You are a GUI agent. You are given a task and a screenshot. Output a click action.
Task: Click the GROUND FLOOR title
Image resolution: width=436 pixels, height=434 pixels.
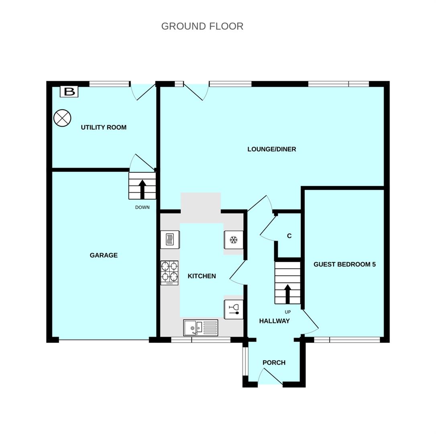pos(202,27)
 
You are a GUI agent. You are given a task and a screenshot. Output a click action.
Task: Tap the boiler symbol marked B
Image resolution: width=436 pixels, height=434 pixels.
pos(69,92)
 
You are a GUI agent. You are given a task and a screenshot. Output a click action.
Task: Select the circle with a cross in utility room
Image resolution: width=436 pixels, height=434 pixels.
pos(62,118)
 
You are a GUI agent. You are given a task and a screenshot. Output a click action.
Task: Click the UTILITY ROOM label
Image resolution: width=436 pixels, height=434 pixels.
pos(104,127)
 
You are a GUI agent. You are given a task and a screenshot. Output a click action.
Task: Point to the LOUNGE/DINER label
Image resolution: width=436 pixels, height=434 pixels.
pos(272,149)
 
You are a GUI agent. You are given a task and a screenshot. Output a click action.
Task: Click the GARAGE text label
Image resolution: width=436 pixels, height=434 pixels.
pos(104,255)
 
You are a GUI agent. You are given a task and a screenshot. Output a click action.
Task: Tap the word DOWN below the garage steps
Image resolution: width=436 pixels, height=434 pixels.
pos(142,207)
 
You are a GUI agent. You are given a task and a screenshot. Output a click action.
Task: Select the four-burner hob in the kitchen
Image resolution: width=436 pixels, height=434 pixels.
pos(169,272)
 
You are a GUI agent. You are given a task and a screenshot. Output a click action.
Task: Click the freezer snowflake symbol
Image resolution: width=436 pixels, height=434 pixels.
pos(233,240)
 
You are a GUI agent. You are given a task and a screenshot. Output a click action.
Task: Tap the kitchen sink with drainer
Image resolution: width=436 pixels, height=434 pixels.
pos(201,328)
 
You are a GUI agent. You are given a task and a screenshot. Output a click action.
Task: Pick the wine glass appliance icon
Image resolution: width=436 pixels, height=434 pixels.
pos(233,309)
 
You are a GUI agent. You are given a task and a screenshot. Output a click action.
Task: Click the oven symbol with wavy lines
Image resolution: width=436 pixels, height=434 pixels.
pos(169,240)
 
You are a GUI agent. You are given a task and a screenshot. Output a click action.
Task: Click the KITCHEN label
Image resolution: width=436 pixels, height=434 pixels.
pos(202,276)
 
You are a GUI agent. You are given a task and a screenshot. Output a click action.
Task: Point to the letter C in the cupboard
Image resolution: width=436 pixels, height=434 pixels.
pos(289,236)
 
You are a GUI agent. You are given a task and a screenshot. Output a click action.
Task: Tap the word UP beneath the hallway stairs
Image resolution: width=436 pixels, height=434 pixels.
pos(287,312)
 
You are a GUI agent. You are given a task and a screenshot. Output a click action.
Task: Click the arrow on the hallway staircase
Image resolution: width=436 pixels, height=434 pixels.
pos(287,293)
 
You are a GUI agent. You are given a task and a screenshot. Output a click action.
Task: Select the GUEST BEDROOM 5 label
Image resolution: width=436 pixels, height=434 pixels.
pos(344,264)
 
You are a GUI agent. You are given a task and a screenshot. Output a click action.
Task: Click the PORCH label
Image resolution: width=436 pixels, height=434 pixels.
pos(274,362)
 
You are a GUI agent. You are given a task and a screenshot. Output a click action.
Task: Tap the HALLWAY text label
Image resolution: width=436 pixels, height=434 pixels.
pos(274,321)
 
